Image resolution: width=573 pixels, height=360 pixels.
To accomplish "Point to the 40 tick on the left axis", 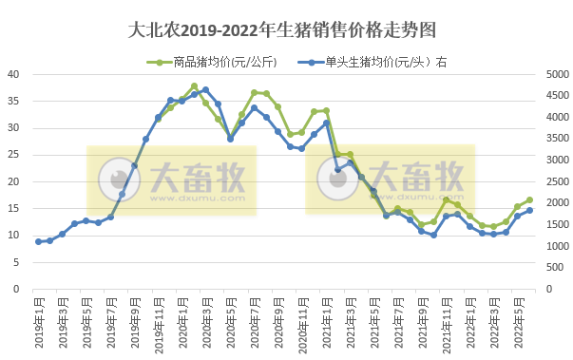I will pyautogui.click(x=14, y=74).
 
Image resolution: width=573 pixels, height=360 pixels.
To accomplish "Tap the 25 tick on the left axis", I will pyautogui.click(x=14, y=155).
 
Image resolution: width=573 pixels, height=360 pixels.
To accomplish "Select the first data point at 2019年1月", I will pyautogui.click(x=38, y=241).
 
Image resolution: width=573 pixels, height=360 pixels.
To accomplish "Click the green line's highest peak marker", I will pyautogui.click(x=194, y=86).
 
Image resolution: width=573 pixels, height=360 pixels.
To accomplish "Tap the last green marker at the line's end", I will pyautogui.click(x=529, y=200).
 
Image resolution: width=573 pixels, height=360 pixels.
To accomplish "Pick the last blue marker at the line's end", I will pyautogui.click(x=529, y=211).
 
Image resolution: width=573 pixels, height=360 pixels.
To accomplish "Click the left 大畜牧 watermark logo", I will pyautogui.click(x=166, y=180).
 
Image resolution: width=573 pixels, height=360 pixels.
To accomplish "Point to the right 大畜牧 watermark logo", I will pyautogui.click(x=390, y=180).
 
